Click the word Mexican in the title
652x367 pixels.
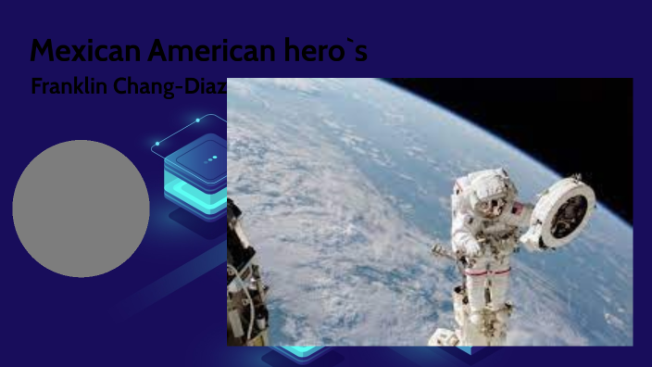coord(79,51)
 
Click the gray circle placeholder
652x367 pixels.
coord(81,209)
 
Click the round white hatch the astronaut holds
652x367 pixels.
coord(561,210)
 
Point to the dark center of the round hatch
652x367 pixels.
coord(564,212)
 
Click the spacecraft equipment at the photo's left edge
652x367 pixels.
coord(244,278)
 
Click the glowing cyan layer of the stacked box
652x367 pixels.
coord(190,182)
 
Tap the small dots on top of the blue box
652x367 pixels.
coord(212,158)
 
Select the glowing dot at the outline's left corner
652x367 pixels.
coord(157,144)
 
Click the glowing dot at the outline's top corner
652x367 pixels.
coord(198,120)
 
